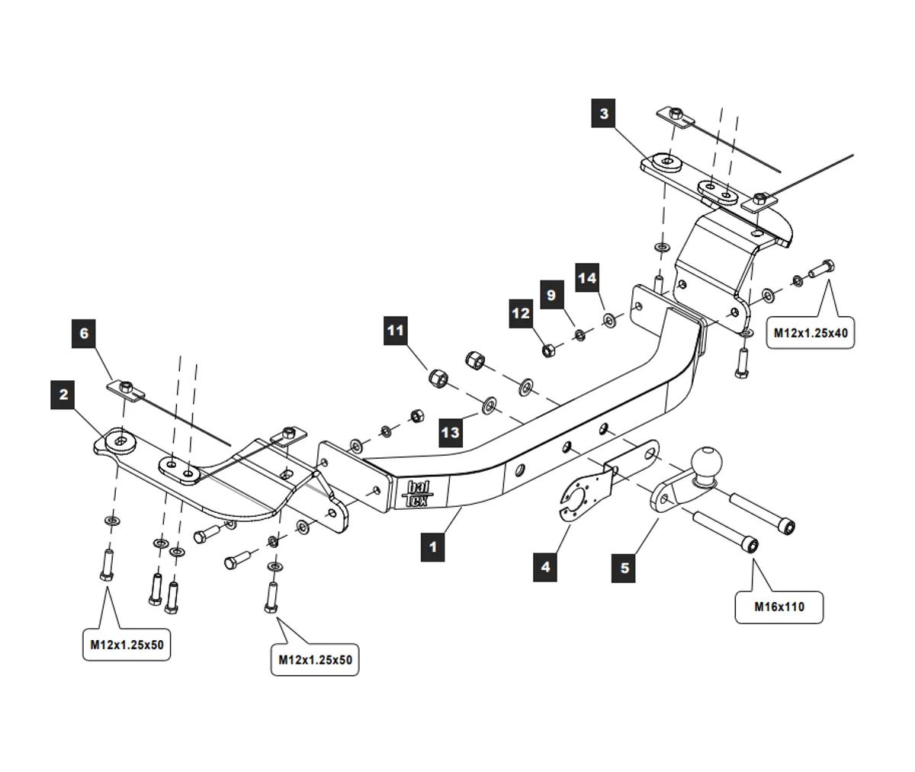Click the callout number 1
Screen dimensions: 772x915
pyautogui.click(x=432, y=547)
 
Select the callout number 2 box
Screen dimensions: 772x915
pyautogui.click(x=63, y=395)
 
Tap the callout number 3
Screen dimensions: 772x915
pyautogui.click(x=604, y=114)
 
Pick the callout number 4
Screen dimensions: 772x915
pyautogui.click(x=545, y=567)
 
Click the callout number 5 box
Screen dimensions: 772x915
pyautogui.click(x=625, y=568)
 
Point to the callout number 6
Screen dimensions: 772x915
pyautogui.click(x=84, y=333)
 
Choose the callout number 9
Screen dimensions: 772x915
pyautogui.click(x=551, y=295)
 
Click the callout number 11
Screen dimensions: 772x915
pyautogui.click(x=395, y=331)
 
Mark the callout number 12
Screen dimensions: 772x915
pyautogui.click(x=521, y=312)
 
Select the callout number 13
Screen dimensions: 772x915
pyautogui.click(x=451, y=432)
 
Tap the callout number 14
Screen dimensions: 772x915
pyautogui.click(x=586, y=277)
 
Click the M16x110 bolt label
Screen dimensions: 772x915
pyautogui.click(x=779, y=607)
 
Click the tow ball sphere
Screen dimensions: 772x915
pyautogui.click(x=705, y=463)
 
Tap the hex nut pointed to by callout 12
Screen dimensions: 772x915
pyautogui.click(x=548, y=351)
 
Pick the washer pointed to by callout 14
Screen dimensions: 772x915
pyautogui.click(x=610, y=319)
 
